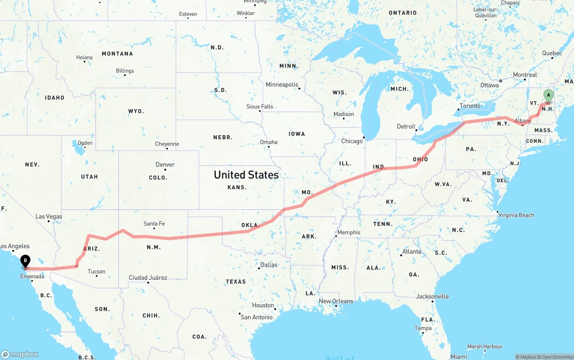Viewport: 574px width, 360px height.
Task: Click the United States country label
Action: point(246,175)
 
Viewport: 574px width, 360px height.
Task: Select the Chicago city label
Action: point(352,141)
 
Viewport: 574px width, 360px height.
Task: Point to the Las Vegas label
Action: point(49,217)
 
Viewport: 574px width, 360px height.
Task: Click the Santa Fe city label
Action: point(154,223)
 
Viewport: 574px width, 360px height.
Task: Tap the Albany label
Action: point(523,121)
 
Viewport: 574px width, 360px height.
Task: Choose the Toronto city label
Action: point(470,106)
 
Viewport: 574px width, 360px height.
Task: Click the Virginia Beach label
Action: point(516,215)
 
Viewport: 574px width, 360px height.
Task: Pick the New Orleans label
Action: point(336,301)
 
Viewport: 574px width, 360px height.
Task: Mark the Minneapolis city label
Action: point(282,85)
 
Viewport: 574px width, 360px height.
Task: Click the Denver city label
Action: point(165,165)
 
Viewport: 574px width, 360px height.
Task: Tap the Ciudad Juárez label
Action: point(148,278)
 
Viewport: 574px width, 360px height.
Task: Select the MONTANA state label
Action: point(117,54)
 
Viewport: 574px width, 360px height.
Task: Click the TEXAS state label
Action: point(236,282)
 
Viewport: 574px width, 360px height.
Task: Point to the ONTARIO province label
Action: point(403,13)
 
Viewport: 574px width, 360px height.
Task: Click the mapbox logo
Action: point(20,354)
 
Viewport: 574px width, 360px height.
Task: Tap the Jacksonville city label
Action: point(432,296)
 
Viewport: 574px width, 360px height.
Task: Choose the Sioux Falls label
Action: point(260,107)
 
